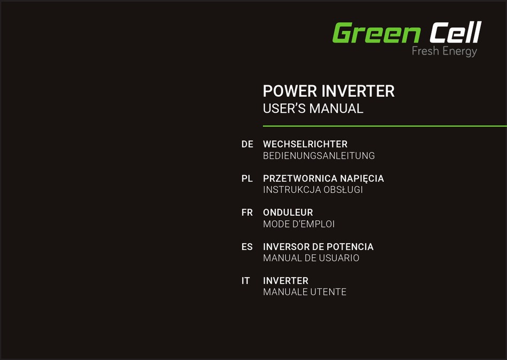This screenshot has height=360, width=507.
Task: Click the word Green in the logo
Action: (376, 33)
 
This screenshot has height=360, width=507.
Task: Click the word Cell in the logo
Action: (455, 33)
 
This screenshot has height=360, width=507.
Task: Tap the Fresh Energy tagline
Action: (444, 51)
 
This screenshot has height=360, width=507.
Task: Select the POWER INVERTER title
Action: (329, 91)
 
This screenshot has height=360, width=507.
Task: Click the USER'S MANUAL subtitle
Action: (313, 108)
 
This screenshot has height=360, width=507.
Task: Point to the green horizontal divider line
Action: (384, 126)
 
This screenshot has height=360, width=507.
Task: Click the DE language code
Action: (247, 144)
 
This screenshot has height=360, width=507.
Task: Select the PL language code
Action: (247, 178)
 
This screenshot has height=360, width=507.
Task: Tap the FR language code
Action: (247, 213)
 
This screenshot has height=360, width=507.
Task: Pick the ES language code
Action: (247, 247)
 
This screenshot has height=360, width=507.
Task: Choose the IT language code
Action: (245, 281)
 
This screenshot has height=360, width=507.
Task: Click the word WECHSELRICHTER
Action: (305, 144)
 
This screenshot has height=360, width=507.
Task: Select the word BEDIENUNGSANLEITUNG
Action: (319, 156)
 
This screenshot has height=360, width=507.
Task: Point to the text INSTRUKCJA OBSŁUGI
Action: (313, 190)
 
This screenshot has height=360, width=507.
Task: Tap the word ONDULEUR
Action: (288, 213)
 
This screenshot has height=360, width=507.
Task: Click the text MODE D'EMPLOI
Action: (299, 224)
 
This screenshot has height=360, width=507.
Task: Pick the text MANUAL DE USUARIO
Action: (311, 258)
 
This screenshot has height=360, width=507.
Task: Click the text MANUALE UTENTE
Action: (305, 292)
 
